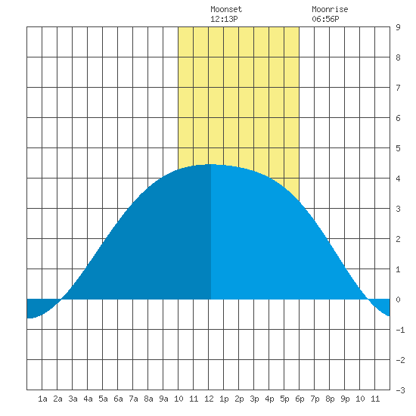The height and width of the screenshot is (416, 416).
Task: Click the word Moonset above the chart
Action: pyautogui.click(x=226, y=9)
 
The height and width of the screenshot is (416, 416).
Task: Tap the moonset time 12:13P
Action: pyautogui.click(x=224, y=19)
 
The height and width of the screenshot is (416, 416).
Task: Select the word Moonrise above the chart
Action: pyautogui.click(x=330, y=9)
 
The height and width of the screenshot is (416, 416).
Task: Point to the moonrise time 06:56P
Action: pyautogui.click(x=325, y=19)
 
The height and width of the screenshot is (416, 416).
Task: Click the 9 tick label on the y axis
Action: pyautogui.click(x=398, y=27)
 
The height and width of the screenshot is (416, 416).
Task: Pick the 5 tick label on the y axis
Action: pyautogui.click(x=398, y=148)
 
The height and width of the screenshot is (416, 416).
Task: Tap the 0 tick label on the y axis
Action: pyautogui.click(x=398, y=300)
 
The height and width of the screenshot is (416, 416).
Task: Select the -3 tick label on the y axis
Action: pyautogui.click(x=400, y=390)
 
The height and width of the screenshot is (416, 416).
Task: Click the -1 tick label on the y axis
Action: pyautogui.click(x=400, y=330)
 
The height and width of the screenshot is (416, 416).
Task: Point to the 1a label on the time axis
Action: pyautogui.click(x=42, y=399)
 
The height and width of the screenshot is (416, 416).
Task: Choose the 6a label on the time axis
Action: pyautogui.click(x=118, y=399)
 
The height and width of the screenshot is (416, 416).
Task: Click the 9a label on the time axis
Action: pyautogui.click(x=163, y=399)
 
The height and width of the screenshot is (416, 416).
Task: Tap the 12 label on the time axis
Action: pyautogui.click(x=209, y=399)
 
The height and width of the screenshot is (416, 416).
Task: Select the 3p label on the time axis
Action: pyautogui.click(x=254, y=399)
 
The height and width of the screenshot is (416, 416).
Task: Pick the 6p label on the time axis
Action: pyautogui.click(x=300, y=399)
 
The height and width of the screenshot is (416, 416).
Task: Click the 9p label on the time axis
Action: pyautogui.click(x=345, y=399)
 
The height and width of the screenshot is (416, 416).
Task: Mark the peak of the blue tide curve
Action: pyautogui.click(x=211, y=164)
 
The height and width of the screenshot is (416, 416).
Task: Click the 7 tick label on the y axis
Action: pyautogui.click(x=398, y=88)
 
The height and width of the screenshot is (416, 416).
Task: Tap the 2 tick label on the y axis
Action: pyautogui.click(x=398, y=239)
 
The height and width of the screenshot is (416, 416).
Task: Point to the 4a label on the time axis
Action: pyautogui.click(x=88, y=399)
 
